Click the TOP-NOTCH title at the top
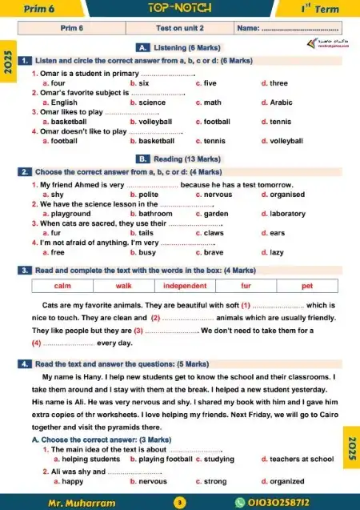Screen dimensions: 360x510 [179, 8]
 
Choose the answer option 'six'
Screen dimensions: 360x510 [143, 83]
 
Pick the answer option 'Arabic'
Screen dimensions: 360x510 [281, 102]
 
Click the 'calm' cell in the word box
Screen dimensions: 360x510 [62, 286]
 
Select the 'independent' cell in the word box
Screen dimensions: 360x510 [185, 286]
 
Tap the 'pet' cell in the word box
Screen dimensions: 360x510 [306, 286]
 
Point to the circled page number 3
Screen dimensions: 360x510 [180, 503]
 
